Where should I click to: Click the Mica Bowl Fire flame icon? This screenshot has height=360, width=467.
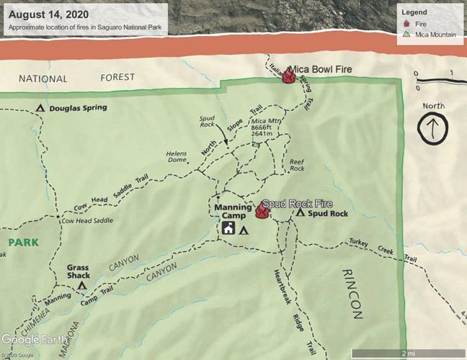click(289, 76)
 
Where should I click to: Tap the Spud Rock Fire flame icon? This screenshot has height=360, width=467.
click(262, 211)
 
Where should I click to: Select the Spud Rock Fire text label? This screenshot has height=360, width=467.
click(297, 204)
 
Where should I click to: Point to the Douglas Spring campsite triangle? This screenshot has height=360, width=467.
click(40, 109)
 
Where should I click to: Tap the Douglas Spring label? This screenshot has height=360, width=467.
click(79, 108)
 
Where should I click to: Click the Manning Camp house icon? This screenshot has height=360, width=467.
click(228, 230)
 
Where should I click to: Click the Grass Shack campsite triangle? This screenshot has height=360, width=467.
click(83, 285)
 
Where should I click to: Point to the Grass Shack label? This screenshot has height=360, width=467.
click(78, 271)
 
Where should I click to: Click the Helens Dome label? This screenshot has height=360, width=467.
click(177, 157)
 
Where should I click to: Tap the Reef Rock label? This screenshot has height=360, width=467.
click(297, 165)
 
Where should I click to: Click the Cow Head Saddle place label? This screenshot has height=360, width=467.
click(88, 222)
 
